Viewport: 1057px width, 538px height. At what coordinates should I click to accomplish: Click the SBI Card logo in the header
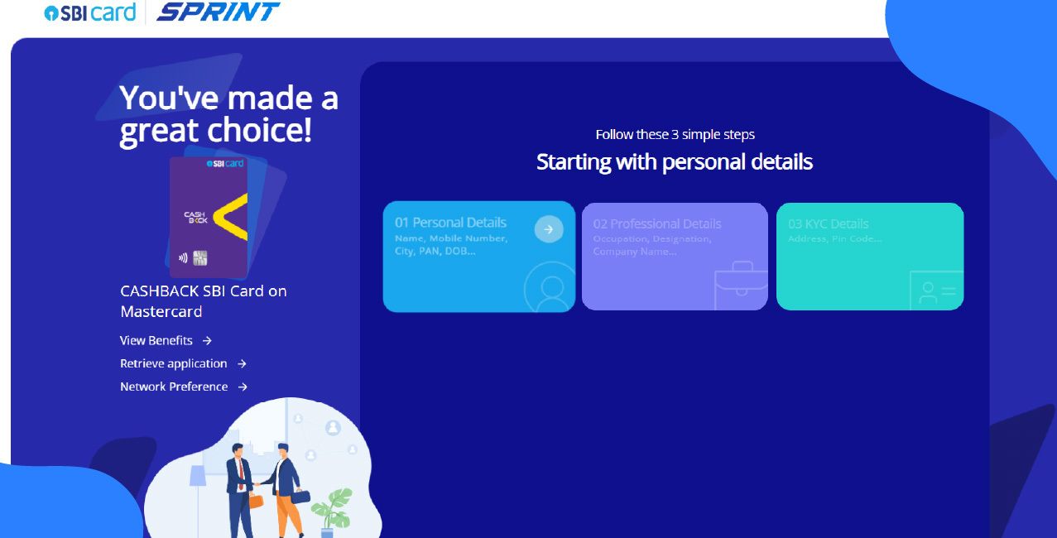click(89, 12)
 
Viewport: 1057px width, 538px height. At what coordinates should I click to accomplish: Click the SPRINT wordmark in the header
click(218, 12)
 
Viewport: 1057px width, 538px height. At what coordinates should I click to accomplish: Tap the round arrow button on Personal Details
click(548, 228)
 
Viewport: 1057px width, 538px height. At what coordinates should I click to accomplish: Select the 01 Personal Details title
click(450, 223)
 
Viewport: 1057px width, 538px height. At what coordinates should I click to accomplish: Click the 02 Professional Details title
click(656, 223)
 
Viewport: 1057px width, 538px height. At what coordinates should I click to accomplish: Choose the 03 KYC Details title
click(828, 223)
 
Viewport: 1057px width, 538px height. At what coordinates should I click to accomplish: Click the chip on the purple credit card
click(199, 258)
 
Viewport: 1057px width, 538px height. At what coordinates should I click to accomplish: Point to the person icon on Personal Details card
click(550, 286)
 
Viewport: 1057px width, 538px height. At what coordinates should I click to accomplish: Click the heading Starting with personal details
click(674, 161)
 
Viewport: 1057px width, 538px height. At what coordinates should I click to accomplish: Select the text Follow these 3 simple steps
click(675, 134)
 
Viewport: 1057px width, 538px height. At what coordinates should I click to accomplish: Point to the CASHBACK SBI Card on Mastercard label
click(203, 301)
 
